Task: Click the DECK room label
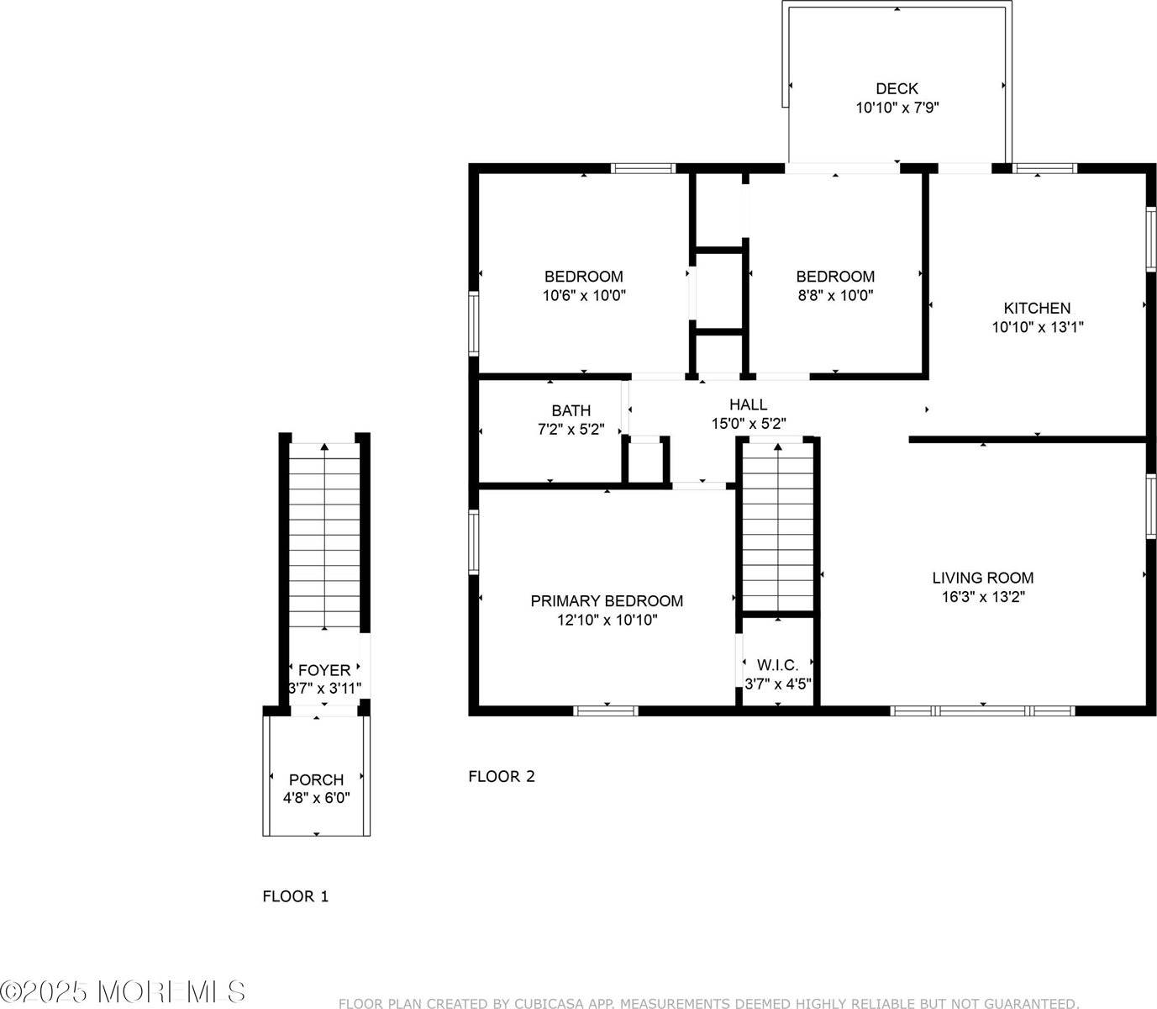coord(897,88)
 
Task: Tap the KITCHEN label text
coord(1037,308)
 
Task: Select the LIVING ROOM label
coord(982,578)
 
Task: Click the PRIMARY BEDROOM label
coord(606,601)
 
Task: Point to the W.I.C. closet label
coord(777,665)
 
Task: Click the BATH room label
coord(571,410)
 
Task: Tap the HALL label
coord(748,404)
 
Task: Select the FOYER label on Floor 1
coord(324,670)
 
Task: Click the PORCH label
coord(316,779)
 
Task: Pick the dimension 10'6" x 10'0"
coord(584,296)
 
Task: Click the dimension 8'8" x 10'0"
coord(835,296)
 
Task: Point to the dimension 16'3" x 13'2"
coord(982,597)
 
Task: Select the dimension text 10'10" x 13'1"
coord(1037,328)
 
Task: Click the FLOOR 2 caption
coord(501,776)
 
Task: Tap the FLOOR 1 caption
coord(296,896)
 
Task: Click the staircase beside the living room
coord(778,526)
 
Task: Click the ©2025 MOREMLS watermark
coord(124,992)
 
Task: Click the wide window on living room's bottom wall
coord(982,711)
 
